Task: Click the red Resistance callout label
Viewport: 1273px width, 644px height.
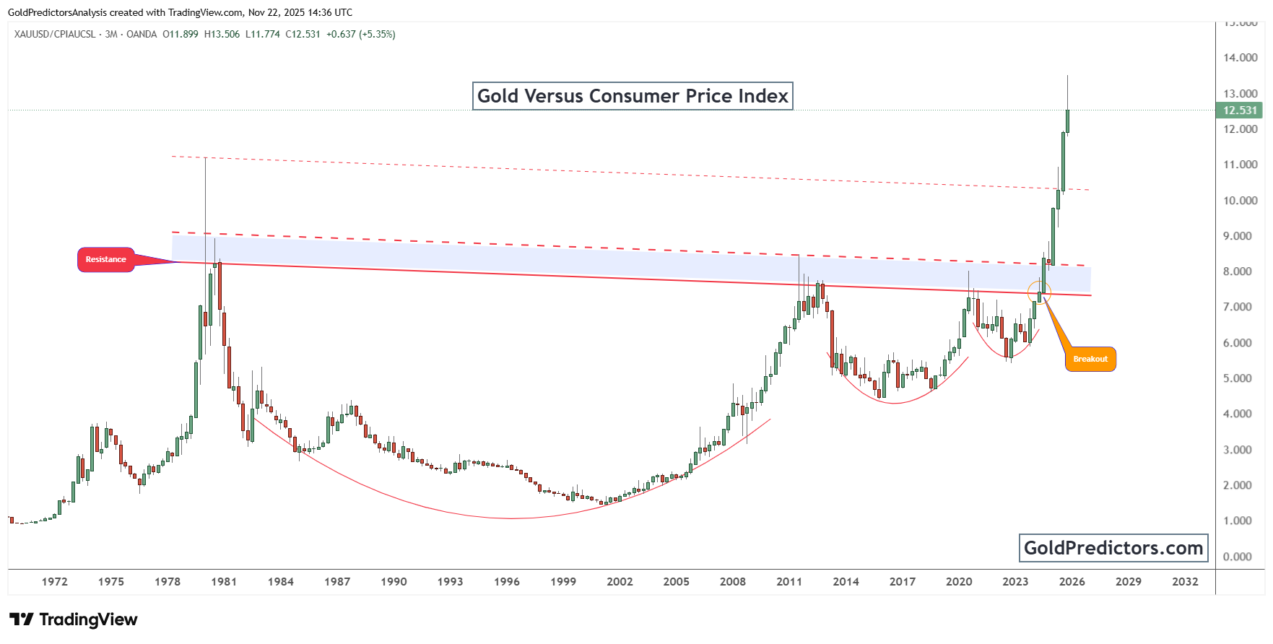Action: [x=105, y=260]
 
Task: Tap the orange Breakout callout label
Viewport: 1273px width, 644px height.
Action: [x=1090, y=360]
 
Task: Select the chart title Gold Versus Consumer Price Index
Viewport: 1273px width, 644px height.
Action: [x=633, y=96]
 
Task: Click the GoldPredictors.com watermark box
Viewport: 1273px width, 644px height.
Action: [x=1113, y=548]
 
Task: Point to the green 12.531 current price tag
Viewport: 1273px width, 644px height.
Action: [x=1240, y=110]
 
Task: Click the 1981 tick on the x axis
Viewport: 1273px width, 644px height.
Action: [x=224, y=582]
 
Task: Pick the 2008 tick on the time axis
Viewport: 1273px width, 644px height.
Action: [x=732, y=582]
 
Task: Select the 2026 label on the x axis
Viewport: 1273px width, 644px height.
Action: [x=1072, y=582]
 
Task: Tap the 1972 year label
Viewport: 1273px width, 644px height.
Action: [x=54, y=582]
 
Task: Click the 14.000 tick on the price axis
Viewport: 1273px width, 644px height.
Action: [x=1240, y=58]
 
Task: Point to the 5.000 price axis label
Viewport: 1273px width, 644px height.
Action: [x=1237, y=378]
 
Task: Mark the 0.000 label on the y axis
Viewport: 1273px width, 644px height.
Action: [x=1237, y=557]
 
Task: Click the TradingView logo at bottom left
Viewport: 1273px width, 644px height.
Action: [x=74, y=619]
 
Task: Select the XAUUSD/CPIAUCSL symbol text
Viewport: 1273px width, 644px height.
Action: [x=54, y=34]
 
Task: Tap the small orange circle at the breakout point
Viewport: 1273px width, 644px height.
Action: [x=1039, y=292]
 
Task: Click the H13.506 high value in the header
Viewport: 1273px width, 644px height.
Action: [x=222, y=34]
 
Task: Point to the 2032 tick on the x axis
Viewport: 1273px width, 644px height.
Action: [x=1185, y=582]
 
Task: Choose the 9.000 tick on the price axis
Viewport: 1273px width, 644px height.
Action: [x=1237, y=236]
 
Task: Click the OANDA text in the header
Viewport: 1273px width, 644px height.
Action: [x=142, y=34]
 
